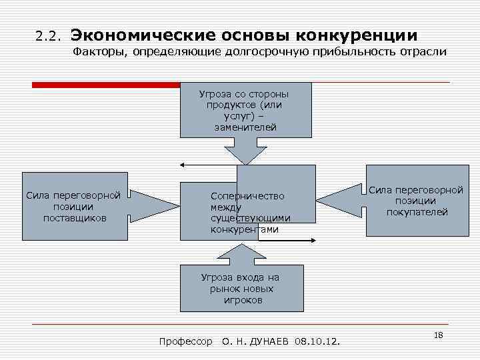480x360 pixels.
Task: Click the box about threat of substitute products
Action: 245,109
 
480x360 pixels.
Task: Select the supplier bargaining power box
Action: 73,206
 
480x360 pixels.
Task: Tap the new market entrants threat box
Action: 241,288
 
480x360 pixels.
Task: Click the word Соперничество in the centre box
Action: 247,196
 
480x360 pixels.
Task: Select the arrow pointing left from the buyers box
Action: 340,201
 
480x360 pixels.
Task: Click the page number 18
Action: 438,334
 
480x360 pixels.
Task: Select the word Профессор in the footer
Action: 186,342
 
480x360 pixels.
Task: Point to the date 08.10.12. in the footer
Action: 317,342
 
